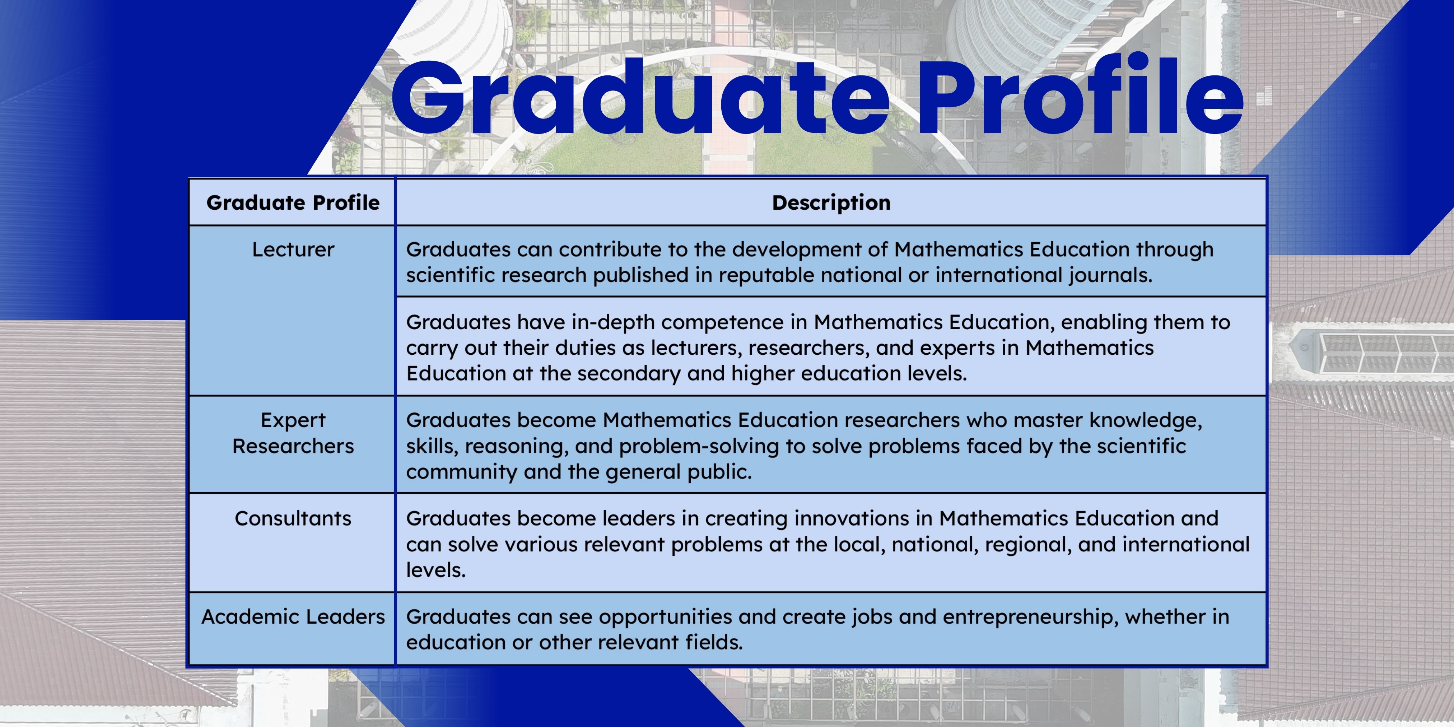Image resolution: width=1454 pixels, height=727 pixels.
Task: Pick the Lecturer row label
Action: (x=293, y=250)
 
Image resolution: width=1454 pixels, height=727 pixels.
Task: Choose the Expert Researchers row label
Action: (x=293, y=433)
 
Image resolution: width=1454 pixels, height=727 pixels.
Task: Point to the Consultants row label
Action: (x=293, y=518)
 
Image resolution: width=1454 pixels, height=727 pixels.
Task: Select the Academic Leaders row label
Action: (x=293, y=616)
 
